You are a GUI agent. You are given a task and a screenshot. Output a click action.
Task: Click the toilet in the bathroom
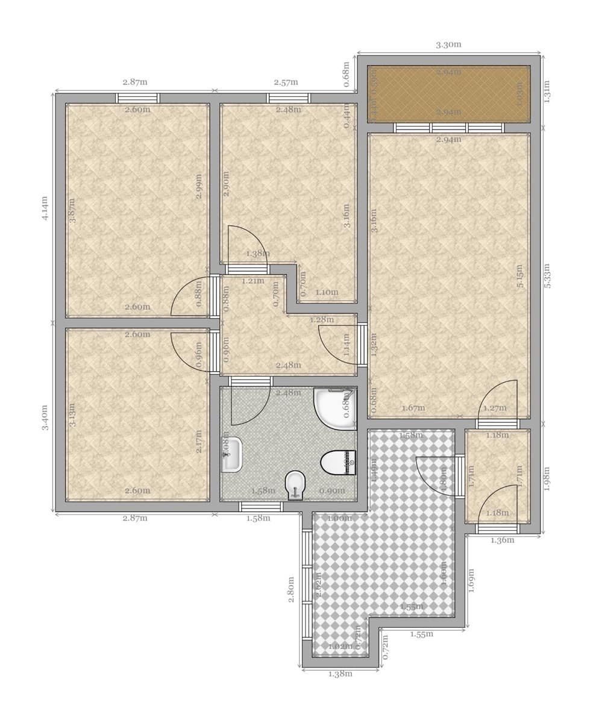[x=338, y=463]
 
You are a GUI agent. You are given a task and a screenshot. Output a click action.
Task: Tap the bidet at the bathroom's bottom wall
[x=295, y=484]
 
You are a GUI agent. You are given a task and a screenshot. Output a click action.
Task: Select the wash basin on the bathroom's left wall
[x=232, y=455]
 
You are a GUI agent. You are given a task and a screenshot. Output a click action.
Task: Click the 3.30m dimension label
[x=448, y=45]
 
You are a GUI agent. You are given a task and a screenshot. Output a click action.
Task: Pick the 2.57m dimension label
[x=286, y=82]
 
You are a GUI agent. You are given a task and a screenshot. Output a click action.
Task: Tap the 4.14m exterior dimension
[x=45, y=208]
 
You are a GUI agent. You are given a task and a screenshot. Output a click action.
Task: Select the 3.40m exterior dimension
[x=45, y=418]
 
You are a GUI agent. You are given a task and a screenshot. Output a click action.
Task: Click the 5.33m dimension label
[x=547, y=275]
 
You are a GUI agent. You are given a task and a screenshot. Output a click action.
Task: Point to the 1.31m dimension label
[x=547, y=92]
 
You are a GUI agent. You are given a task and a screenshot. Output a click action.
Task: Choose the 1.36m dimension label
[x=503, y=540]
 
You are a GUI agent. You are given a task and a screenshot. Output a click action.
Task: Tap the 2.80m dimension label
[x=290, y=589]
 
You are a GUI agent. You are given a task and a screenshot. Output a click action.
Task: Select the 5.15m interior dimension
[x=519, y=275]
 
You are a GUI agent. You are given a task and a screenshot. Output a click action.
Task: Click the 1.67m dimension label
[x=413, y=408]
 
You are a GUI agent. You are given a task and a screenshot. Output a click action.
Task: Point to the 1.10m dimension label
[x=327, y=293]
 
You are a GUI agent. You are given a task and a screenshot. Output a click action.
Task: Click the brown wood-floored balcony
[x=448, y=93]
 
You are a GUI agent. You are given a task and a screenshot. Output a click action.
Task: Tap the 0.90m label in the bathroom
[x=333, y=490]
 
